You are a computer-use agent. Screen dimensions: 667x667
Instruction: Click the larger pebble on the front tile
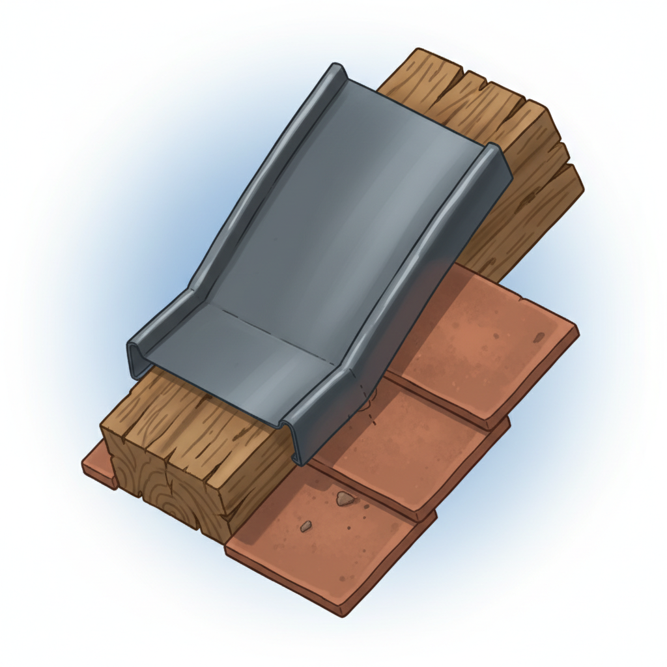[345, 499]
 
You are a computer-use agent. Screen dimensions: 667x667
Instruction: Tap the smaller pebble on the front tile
[305, 526]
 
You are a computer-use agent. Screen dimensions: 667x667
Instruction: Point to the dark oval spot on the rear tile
[539, 337]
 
